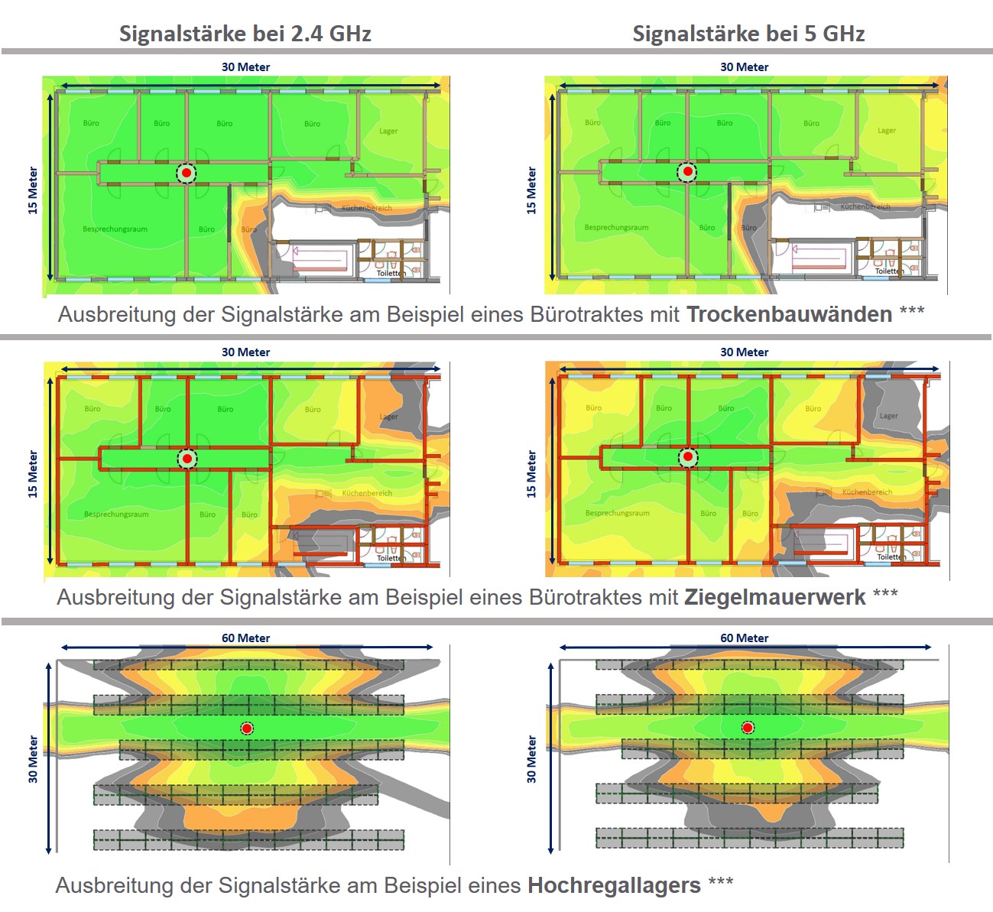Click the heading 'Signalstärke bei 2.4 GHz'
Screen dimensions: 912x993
pyautogui.click(x=245, y=34)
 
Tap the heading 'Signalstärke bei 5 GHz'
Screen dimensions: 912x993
pyautogui.click(x=748, y=34)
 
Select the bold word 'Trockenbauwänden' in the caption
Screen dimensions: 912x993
pyautogui.click(x=789, y=314)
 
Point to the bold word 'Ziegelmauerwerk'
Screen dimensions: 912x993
pyautogui.click(x=774, y=597)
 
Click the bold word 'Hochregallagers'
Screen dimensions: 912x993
pyautogui.click(x=614, y=885)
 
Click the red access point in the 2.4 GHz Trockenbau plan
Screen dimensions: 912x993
pyautogui.click(x=186, y=173)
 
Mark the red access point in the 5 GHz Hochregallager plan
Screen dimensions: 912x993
pyautogui.click(x=748, y=728)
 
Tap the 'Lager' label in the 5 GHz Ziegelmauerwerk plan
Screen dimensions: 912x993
pyautogui.click(x=888, y=416)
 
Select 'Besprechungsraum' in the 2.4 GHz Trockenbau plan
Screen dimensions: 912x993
pyautogui.click(x=115, y=229)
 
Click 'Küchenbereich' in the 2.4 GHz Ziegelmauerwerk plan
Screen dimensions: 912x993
pyautogui.click(x=367, y=493)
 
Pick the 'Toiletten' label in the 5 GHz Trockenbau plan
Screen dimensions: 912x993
pyautogui.click(x=889, y=271)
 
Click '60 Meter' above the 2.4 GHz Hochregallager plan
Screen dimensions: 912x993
pyautogui.click(x=245, y=638)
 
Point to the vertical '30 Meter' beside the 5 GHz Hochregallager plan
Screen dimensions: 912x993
pyautogui.click(x=531, y=759)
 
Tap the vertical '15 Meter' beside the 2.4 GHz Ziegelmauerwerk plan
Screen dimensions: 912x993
pyautogui.click(x=33, y=474)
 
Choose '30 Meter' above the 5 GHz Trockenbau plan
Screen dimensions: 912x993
pyautogui.click(x=744, y=67)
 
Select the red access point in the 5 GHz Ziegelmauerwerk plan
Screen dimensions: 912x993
pyautogui.click(x=688, y=457)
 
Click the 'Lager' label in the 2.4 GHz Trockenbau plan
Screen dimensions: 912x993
pyautogui.click(x=388, y=131)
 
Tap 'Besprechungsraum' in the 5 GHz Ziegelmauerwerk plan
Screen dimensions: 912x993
pyautogui.click(x=617, y=513)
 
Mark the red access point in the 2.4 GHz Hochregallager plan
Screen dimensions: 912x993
pyautogui.click(x=247, y=729)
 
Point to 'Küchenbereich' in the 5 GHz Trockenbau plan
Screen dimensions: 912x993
pyautogui.click(x=865, y=206)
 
